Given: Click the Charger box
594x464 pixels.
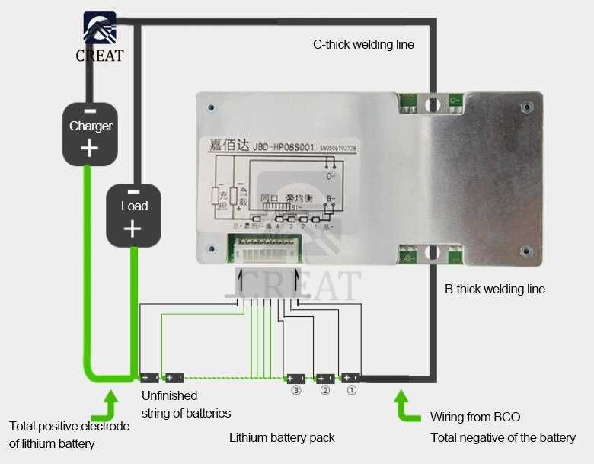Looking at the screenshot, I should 90,133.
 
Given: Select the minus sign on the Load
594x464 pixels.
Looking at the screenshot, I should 133,192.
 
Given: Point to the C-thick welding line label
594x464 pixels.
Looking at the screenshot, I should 363,44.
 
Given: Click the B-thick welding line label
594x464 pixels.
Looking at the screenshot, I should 494,289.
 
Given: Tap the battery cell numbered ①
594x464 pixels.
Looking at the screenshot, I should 351,377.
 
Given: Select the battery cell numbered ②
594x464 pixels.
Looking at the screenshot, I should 325,378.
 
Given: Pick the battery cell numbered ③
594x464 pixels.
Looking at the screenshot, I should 294,378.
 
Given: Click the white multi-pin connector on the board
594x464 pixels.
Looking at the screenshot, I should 267,247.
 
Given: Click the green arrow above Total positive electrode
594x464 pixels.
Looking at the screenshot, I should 111,405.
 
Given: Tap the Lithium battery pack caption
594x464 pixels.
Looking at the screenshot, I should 282,437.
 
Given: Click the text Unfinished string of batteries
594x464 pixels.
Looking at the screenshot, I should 186,405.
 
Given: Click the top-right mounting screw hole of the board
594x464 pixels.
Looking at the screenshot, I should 525,107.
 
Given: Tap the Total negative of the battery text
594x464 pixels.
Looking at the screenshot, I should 503,437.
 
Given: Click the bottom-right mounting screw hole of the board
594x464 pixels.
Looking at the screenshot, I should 525,251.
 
